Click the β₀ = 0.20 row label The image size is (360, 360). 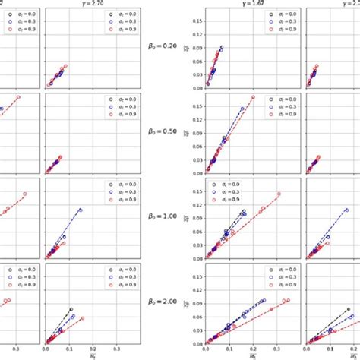[162, 46]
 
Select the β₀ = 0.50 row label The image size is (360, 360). [162, 131]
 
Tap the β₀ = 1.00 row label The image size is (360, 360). [162, 216]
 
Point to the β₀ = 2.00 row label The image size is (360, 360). [162, 301]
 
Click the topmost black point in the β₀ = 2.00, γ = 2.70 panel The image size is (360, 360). [70, 309]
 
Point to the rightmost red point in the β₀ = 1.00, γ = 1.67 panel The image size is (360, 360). [279, 194]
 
